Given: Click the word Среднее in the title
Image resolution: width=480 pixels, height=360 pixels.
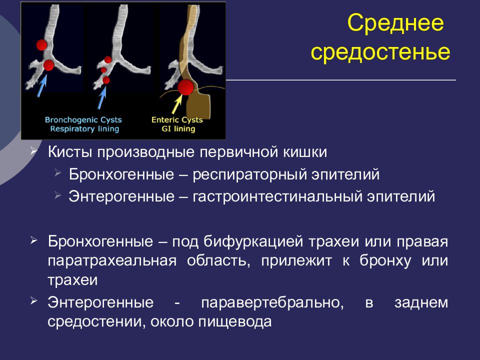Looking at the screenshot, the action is click(x=395, y=23).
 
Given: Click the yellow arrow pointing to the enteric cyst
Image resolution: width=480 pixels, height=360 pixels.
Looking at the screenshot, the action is click(x=176, y=104).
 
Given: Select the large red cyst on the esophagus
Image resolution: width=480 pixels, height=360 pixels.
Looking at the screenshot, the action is click(x=185, y=87).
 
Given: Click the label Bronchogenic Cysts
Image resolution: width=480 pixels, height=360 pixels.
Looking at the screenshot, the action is click(x=83, y=119).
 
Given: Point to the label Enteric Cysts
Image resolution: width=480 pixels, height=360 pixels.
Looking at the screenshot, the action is click(x=177, y=119).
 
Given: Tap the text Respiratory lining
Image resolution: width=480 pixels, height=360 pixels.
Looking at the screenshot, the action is click(x=84, y=129).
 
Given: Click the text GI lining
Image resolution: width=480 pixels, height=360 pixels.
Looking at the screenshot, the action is click(x=178, y=129).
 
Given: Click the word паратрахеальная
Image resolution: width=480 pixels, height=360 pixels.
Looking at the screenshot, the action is click(x=112, y=261).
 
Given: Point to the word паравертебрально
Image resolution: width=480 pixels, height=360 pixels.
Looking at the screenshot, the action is click(x=272, y=303).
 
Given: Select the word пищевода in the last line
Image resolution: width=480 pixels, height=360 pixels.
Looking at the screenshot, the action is click(x=235, y=321).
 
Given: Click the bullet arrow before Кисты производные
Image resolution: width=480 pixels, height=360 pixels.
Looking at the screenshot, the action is click(x=33, y=150).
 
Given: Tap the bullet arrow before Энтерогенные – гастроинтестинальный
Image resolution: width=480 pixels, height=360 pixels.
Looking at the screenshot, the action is click(x=57, y=195).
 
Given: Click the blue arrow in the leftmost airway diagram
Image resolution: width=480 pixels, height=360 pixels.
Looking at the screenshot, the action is click(x=42, y=85).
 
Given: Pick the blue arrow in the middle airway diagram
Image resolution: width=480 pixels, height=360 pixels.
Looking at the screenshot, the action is click(x=102, y=98).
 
